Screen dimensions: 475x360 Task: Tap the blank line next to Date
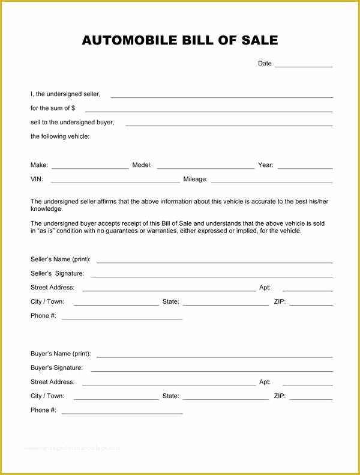304,65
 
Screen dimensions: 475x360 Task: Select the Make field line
90,168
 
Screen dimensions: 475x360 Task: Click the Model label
142,165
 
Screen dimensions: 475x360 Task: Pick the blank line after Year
305,168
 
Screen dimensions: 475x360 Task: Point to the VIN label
37,179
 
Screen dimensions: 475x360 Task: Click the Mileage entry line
272,181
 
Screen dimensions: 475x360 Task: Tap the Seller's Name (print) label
61,259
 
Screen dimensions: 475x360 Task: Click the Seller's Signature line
212,276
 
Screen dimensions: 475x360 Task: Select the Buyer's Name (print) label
61,354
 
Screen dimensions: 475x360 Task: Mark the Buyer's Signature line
212,370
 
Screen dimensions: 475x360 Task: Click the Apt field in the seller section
307,290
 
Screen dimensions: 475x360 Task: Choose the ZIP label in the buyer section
280,396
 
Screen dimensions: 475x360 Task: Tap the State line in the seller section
226,304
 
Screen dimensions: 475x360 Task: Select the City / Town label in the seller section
47,301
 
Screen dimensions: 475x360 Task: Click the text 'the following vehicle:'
60,136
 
